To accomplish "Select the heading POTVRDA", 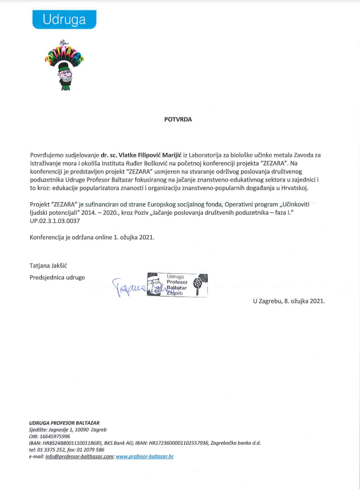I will point(179,120).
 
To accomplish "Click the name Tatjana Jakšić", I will point(49,266).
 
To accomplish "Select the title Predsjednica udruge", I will point(57,277).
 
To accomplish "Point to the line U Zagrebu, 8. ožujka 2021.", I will point(288,301).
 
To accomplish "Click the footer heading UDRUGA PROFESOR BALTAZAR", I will point(64,423).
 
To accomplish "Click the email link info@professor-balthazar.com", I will point(79,457).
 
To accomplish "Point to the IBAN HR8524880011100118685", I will point(72,443).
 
